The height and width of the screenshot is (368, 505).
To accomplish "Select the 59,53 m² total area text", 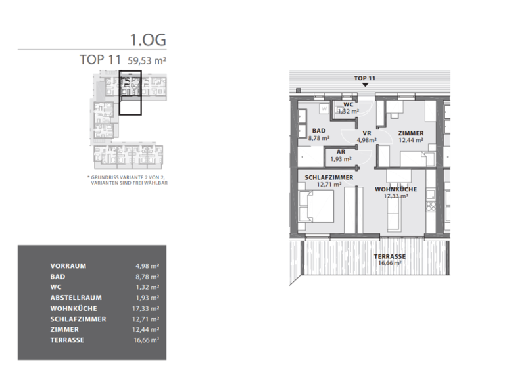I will point(147,60).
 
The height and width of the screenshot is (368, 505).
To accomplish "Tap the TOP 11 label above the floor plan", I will point(364,78).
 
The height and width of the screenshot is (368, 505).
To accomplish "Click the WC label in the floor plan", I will point(348,104).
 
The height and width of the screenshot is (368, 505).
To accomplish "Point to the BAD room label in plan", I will point(319,131).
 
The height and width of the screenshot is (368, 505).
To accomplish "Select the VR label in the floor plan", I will point(366,132).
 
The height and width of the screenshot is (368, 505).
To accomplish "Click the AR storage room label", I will point(341,152).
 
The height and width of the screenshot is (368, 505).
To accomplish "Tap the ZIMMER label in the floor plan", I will point(411,133).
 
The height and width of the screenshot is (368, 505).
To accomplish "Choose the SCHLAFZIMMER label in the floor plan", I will point(329,177).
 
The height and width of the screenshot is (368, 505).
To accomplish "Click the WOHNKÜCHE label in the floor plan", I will point(392,189).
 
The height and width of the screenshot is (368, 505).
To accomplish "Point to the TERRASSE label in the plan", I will point(389,256).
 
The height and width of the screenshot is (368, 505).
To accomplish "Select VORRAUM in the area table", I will point(68,266).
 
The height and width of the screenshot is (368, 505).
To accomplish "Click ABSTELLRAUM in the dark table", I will point(74,298).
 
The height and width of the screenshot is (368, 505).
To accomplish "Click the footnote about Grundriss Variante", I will point(128,181).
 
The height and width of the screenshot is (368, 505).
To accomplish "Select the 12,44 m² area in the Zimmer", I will point(411,140).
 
